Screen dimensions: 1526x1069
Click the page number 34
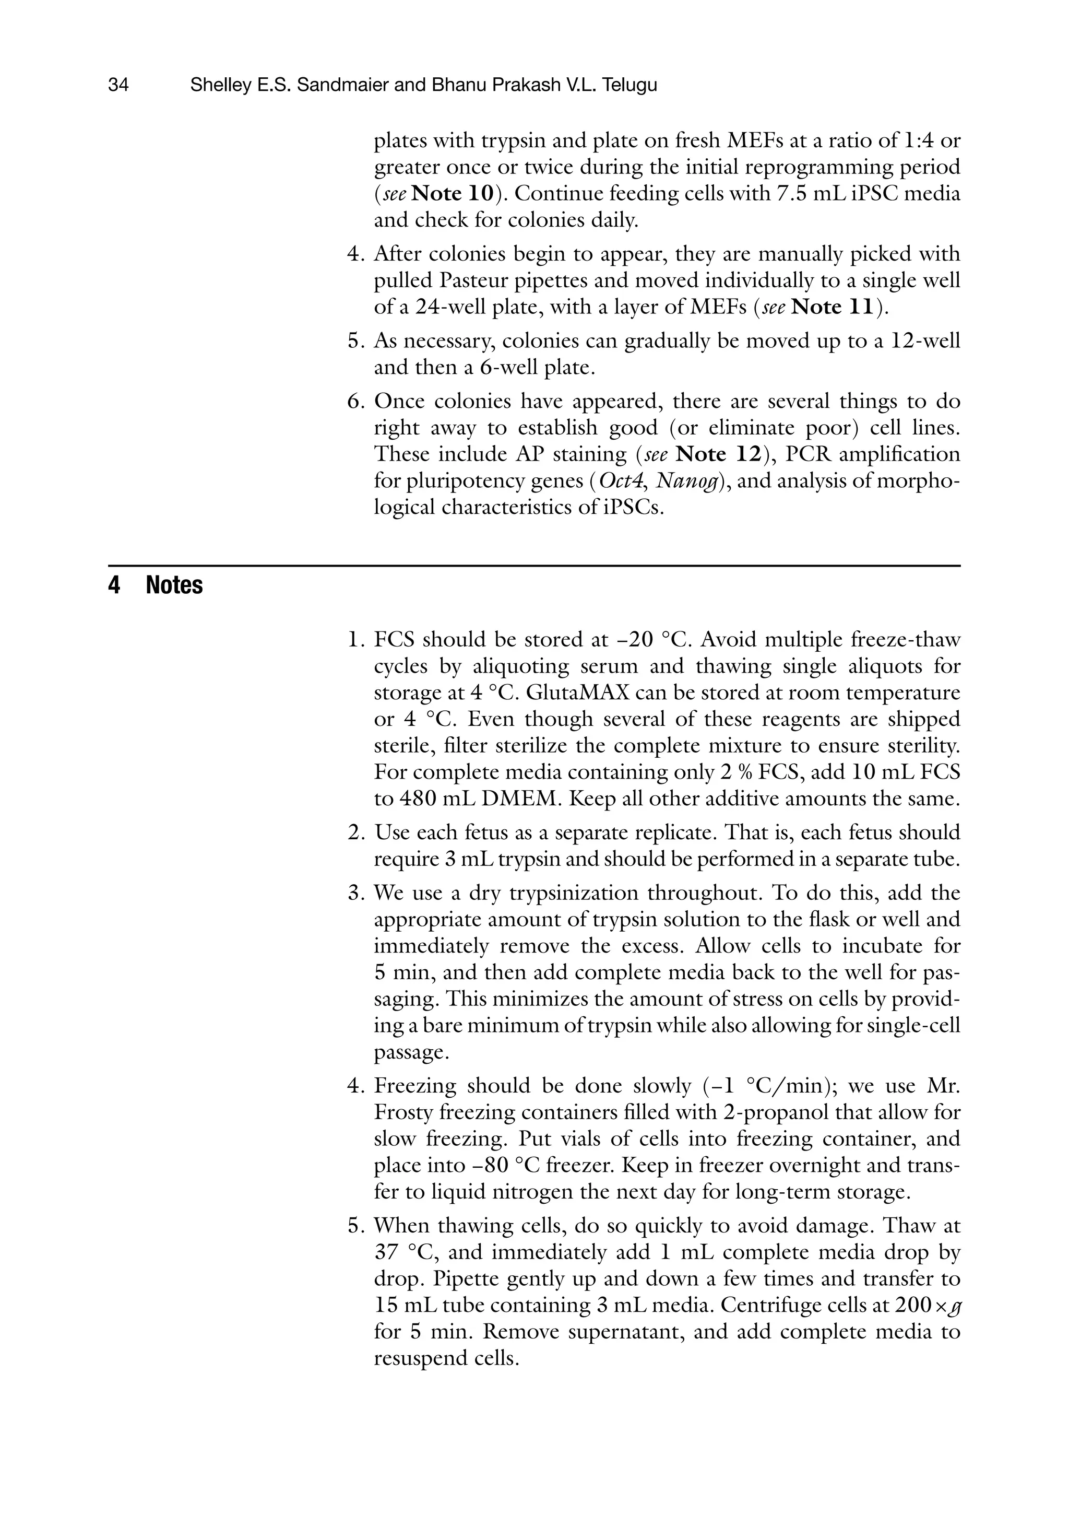[x=118, y=85]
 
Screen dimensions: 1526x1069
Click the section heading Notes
[x=174, y=585]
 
